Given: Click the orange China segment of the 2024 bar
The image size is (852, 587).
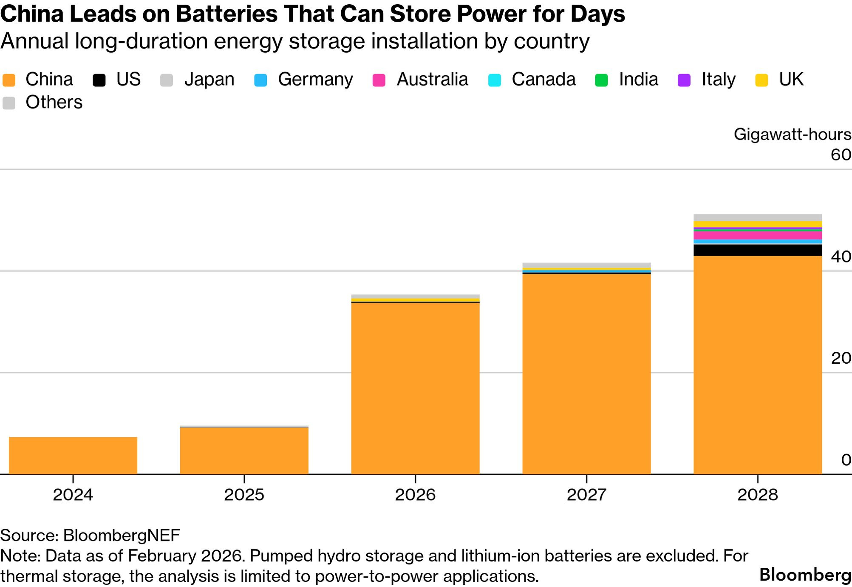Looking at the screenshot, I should pyautogui.click(x=73, y=455).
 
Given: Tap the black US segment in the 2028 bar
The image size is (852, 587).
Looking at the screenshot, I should pyautogui.click(x=758, y=250).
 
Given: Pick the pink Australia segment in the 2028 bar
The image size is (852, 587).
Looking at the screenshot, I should pyautogui.click(x=758, y=235).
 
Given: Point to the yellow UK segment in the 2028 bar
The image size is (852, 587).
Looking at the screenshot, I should pyautogui.click(x=758, y=224).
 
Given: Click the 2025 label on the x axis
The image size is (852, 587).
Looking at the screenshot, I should pyautogui.click(x=244, y=495).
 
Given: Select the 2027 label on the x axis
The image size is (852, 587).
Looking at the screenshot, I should pyautogui.click(x=586, y=495).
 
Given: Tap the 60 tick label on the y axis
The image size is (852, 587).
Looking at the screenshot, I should pyautogui.click(x=841, y=155).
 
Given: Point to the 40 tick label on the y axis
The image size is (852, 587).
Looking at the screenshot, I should pyautogui.click(x=841, y=256).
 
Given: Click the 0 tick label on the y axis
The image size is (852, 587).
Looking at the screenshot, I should pyautogui.click(x=846, y=460).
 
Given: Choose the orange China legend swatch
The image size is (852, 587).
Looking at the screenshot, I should pyautogui.click(x=9, y=80).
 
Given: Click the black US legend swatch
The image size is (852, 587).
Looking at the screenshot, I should pyautogui.click(x=99, y=80).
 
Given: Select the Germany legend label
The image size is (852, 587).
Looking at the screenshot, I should pyautogui.click(x=315, y=80).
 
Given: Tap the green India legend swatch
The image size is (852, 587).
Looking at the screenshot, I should pyautogui.click(x=602, y=80).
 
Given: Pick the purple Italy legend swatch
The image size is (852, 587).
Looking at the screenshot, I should pyautogui.click(x=684, y=80).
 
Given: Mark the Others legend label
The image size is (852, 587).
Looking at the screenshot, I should pyautogui.click(x=54, y=103).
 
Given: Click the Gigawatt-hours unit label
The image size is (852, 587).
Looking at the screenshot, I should pyautogui.click(x=792, y=134).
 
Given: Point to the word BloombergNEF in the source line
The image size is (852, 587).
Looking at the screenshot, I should pyautogui.click(x=122, y=535).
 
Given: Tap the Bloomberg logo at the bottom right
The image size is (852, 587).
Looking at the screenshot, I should pyautogui.click(x=805, y=575).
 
